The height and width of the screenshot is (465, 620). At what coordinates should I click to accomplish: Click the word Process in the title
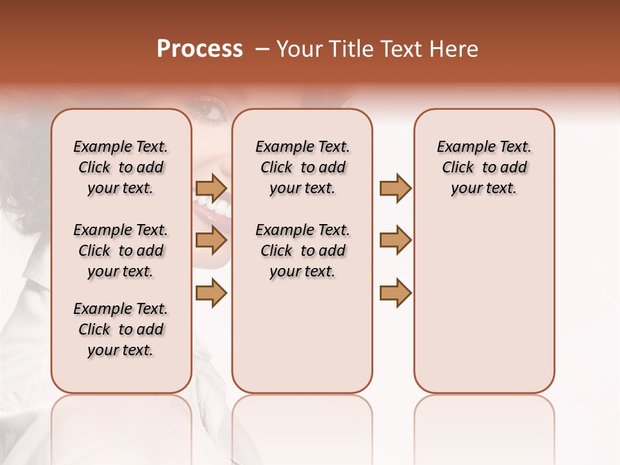pos(200,49)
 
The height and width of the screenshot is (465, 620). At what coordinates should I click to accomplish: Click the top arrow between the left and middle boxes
pos(211,188)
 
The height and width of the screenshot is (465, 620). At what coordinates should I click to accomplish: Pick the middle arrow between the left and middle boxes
pos(211,240)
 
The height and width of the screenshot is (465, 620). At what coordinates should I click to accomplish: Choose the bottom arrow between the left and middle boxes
pos(211,293)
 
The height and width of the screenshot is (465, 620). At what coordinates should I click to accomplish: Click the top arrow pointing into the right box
pos(395,188)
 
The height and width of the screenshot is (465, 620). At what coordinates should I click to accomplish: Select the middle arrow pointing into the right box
pos(395,240)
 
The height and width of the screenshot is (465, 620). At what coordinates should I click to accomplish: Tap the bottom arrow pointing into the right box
pos(395,293)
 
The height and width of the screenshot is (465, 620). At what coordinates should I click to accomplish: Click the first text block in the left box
pos(121,167)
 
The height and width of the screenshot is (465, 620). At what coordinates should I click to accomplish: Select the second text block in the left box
pos(121,251)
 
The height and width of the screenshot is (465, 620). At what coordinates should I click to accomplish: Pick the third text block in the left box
pos(121,329)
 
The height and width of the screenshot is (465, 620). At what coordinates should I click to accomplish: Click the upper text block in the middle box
pos(302,167)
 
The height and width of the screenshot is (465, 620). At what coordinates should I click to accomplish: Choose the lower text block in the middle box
pos(302,251)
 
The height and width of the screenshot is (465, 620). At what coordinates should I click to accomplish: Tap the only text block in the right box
pos(484,167)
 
